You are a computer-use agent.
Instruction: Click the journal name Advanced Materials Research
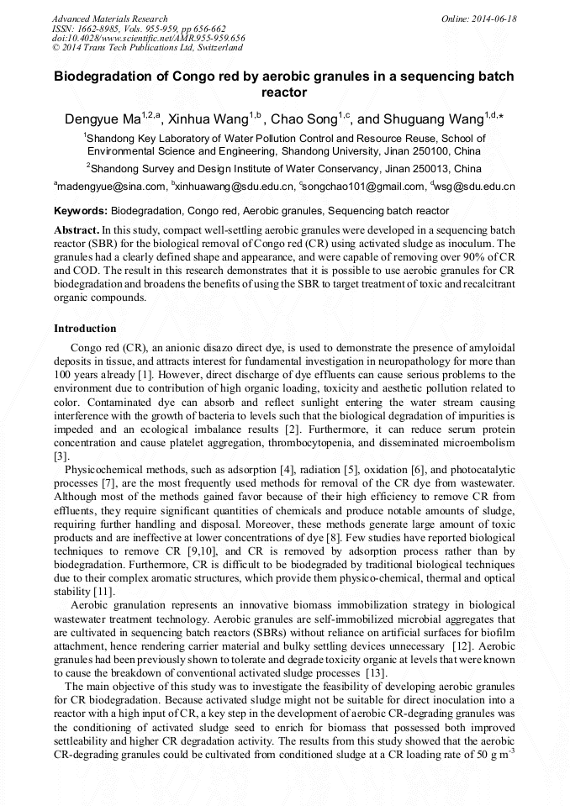109,18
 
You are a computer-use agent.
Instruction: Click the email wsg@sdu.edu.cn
475,187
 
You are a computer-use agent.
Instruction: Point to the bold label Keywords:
81,211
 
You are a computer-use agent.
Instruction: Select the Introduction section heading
85,329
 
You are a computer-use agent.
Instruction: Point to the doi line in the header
148,39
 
